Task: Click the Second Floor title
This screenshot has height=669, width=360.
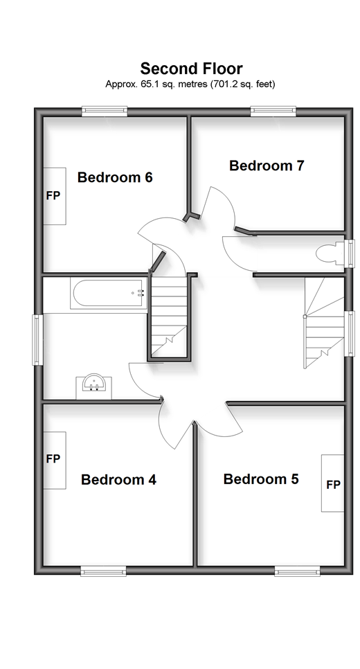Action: point(192,69)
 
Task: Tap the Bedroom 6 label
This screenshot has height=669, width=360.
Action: point(115,177)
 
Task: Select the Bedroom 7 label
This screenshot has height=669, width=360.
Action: point(267,166)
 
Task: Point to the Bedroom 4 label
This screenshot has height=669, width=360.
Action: point(118,479)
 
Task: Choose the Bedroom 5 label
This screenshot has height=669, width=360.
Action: point(261,479)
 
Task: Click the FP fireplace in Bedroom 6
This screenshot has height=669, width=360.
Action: point(55,196)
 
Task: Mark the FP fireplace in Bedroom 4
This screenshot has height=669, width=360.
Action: point(55,461)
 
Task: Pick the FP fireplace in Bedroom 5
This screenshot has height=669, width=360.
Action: point(333,483)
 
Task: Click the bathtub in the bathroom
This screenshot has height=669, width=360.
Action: point(108,294)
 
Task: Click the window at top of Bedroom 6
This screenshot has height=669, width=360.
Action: point(105,111)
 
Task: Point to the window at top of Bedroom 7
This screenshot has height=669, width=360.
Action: point(273,111)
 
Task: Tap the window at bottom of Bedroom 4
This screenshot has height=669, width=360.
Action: point(104,571)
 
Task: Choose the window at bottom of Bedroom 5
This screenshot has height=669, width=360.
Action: point(297,571)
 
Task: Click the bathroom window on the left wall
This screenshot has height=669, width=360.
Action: point(38,339)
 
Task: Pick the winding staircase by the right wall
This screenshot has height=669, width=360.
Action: point(324,323)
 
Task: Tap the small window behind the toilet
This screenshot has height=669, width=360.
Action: point(350,254)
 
